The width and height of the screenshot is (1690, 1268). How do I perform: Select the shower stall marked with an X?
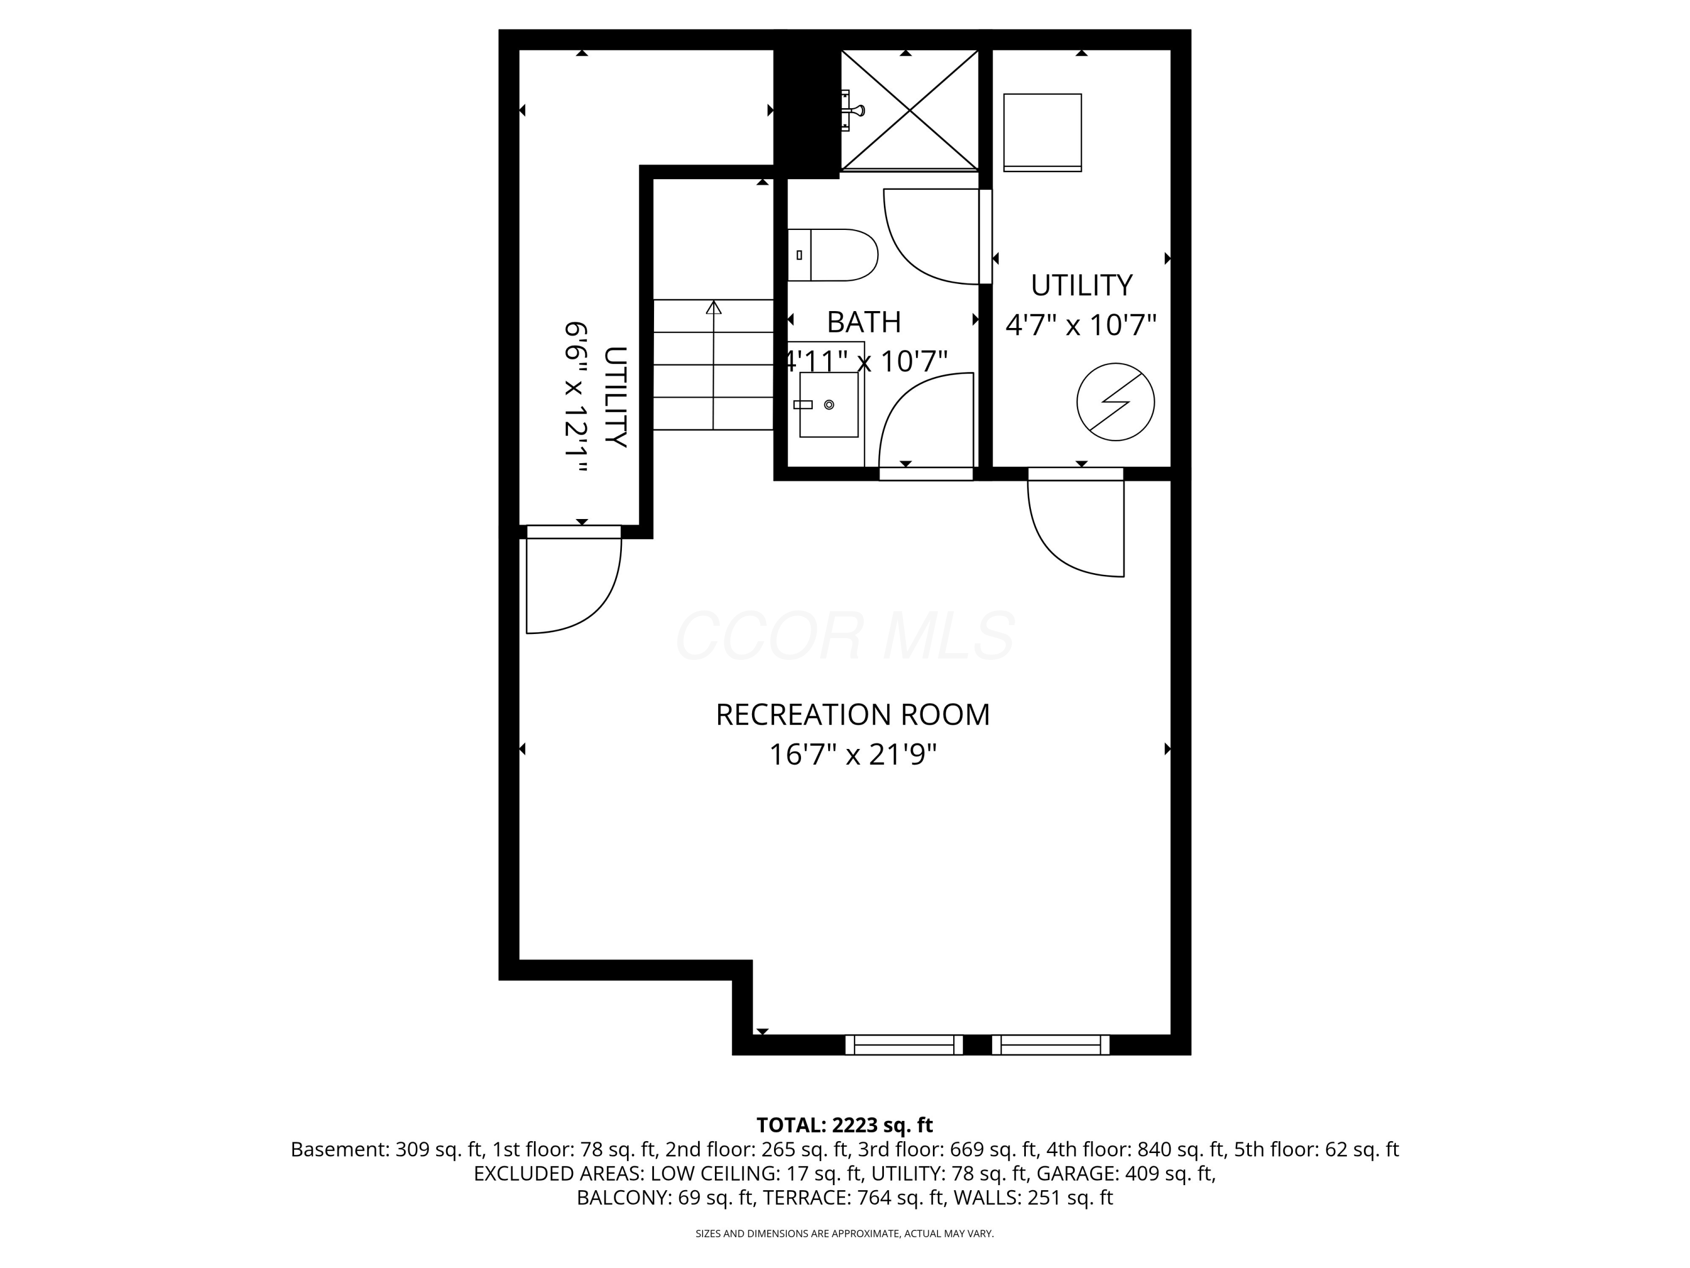tap(909, 110)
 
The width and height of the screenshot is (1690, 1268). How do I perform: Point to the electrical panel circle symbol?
tap(1115, 402)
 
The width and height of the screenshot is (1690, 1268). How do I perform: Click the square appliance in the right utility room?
tap(1042, 131)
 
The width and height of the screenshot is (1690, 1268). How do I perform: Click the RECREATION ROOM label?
tap(852, 715)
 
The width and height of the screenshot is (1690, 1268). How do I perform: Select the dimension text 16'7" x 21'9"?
tap(852, 755)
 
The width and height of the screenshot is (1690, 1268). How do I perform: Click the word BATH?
tap(864, 322)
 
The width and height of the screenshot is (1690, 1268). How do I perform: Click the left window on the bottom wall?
tap(904, 1044)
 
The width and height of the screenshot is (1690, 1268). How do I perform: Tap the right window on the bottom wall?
tap(1051, 1044)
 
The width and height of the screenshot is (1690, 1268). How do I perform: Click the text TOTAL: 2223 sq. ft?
tap(844, 1125)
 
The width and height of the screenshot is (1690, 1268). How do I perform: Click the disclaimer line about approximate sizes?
tap(844, 1234)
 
